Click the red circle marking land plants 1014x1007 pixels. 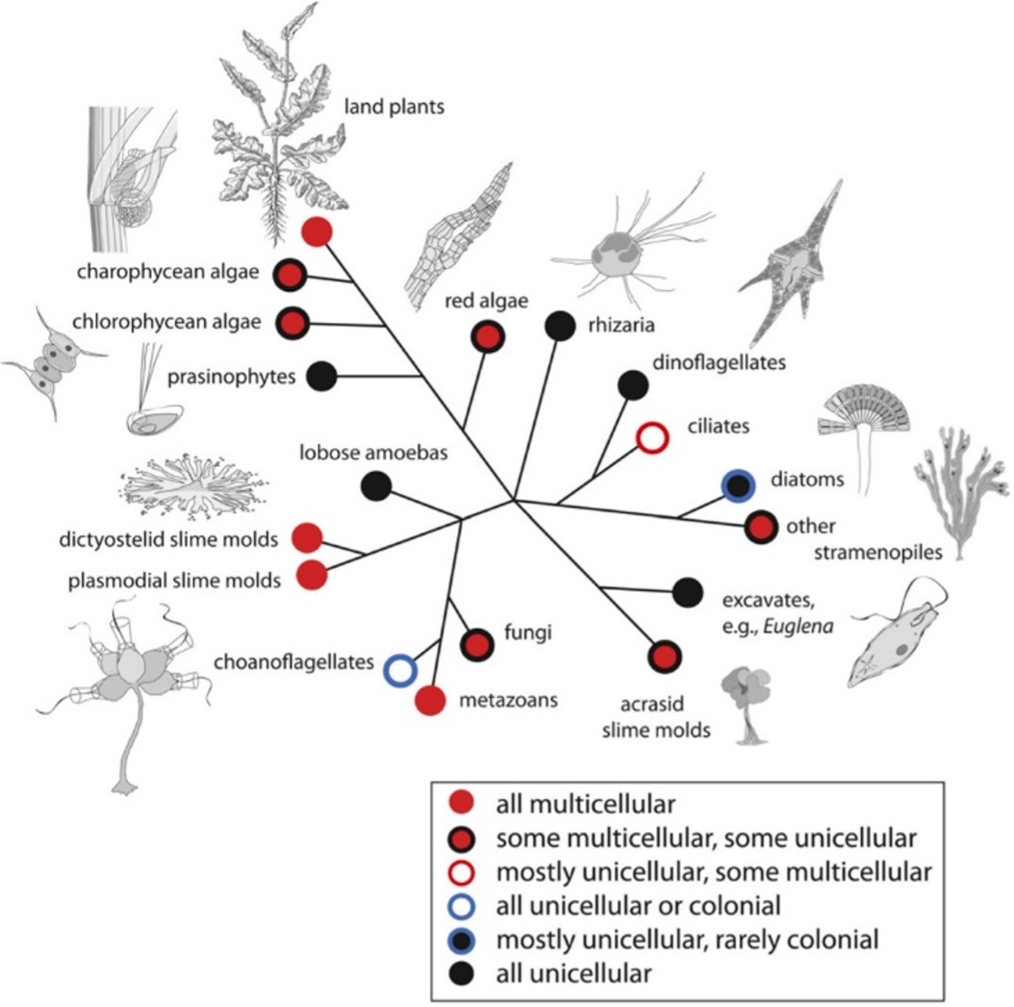317,232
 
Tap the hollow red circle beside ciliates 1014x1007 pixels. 652,437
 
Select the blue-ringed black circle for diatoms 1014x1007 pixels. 738,484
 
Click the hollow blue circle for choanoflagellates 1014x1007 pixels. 399,670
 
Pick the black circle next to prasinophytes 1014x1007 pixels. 322,376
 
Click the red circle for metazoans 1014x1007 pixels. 430,701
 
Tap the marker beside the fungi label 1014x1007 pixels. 477,645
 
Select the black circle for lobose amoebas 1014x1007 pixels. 376,486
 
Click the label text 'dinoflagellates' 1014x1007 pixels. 718,361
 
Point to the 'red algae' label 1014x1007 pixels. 486,301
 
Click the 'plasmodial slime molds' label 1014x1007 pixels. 175,580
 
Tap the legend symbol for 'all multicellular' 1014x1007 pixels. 462,804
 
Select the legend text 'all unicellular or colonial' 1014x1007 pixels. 638,906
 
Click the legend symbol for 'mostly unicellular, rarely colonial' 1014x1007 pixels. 462,940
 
